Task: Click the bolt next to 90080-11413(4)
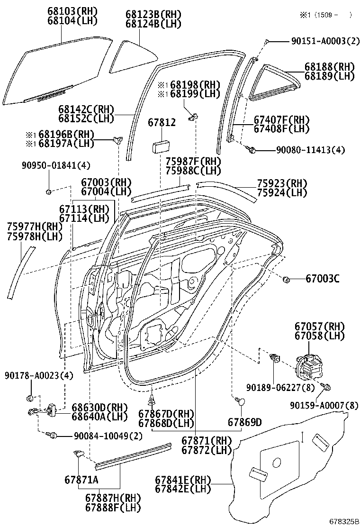[252, 150]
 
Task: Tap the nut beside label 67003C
[287, 280]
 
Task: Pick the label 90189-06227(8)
[280, 388]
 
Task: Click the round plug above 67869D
[241, 402]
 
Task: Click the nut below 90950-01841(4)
[49, 192]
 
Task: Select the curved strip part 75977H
[21, 273]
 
